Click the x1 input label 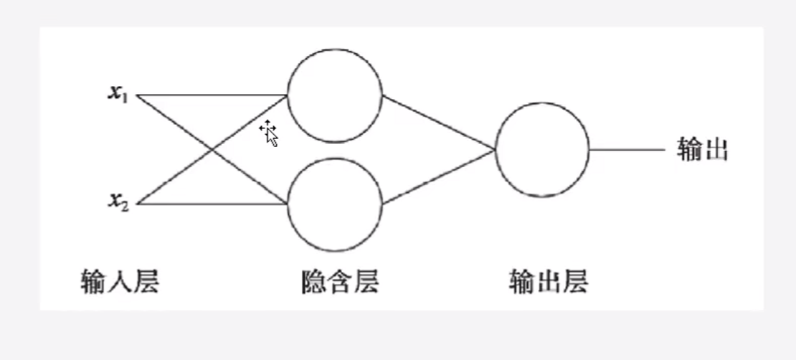[x=118, y=94]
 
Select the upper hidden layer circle [x=335, y=95]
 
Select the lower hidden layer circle [x=335, y=204]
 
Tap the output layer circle [x=542, y=150]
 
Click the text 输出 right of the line [x=702, y=150]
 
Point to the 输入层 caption [x=118, y=282]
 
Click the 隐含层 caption [x=339, y=282]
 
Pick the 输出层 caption [x=548, y=282]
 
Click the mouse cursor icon [x=269, y=133]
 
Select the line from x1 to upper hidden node [x=212, y=95]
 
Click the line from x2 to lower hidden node [x=212, y=204]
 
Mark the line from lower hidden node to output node [x=439, y=177]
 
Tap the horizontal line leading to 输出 [x=627, y=150]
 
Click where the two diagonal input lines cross [x=212, y=149]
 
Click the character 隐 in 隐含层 [x=313, y=282]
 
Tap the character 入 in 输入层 [x=118, y=282]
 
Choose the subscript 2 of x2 [x=125, y=204]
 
